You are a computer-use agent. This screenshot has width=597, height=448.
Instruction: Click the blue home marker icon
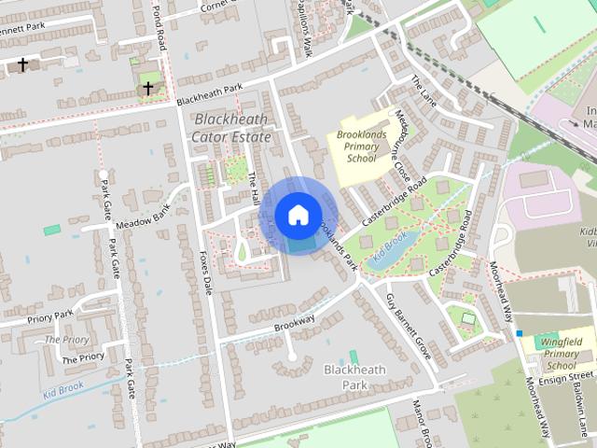298,215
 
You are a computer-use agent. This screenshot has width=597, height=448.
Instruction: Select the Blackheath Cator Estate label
229,128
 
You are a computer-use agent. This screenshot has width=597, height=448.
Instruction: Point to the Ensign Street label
566,375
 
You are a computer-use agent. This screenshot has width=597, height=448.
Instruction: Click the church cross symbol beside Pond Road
147,89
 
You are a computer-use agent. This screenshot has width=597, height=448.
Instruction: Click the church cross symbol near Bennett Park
22,65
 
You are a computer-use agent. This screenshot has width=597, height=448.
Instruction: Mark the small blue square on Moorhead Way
519,333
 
